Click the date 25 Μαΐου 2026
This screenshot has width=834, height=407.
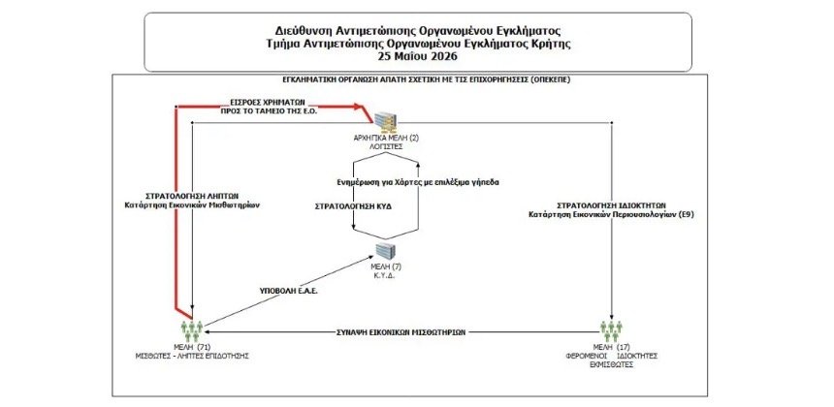pyautogui.click(x=419, y=56)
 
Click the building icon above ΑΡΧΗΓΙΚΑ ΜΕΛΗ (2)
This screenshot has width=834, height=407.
pyautogui.click(x=385, y=122)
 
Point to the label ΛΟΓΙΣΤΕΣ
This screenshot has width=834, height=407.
pyautogui.click(x=386, y=146)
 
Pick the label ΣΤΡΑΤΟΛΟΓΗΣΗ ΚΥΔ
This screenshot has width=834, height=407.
pyautogui.click(x=353, y=206)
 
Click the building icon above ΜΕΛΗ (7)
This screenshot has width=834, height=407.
pyautogui.click(x=384, y=251)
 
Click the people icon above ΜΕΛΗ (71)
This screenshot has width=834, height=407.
pyautogui.click(x=192, y=330)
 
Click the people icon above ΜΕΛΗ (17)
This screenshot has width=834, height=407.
pyautogui.click(x=611, y=330)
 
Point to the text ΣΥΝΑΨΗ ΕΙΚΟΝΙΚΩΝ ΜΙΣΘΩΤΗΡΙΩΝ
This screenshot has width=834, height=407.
pyautogui.click(x=401, y=332)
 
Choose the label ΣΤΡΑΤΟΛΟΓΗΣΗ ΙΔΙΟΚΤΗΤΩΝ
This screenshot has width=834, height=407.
pyautogui.click(x=611, y=205)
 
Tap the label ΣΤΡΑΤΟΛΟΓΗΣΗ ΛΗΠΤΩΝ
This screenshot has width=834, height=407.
pyautogui.click(x=191, y=196)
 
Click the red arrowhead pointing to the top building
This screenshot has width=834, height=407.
pyautogui.click(x=358, y=107)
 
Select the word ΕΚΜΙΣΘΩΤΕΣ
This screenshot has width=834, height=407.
pyautogui.click(x=611, y=365)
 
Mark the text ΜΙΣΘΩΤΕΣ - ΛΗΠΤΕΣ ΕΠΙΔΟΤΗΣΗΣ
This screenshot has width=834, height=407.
pyautogui.click(x=191, y=357)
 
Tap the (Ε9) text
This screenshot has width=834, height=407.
pyautogui.click(x=687, y=215)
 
